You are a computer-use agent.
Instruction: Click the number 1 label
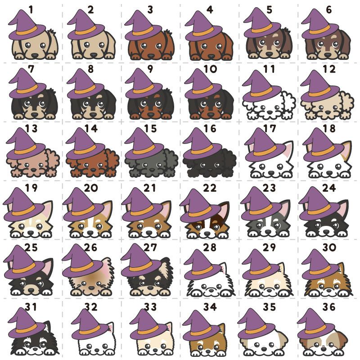pyautogui.click(x=31, y=10)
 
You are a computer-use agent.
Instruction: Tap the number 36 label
pyautogui.click(x=329, y=307)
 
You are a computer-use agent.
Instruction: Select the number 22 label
pyautogui.click(x=209, y=188)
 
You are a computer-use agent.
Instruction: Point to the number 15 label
pyautogui.click(x=150, y=129)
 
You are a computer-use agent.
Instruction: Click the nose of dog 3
pyautogui.click(x=151, y=56)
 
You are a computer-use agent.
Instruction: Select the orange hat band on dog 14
pyautogui.click(x=85, y=149)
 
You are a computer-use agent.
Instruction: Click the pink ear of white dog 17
pyautogui.click(x=289, y=149)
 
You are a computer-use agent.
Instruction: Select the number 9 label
pyautogui.click(x=150, y=69)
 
